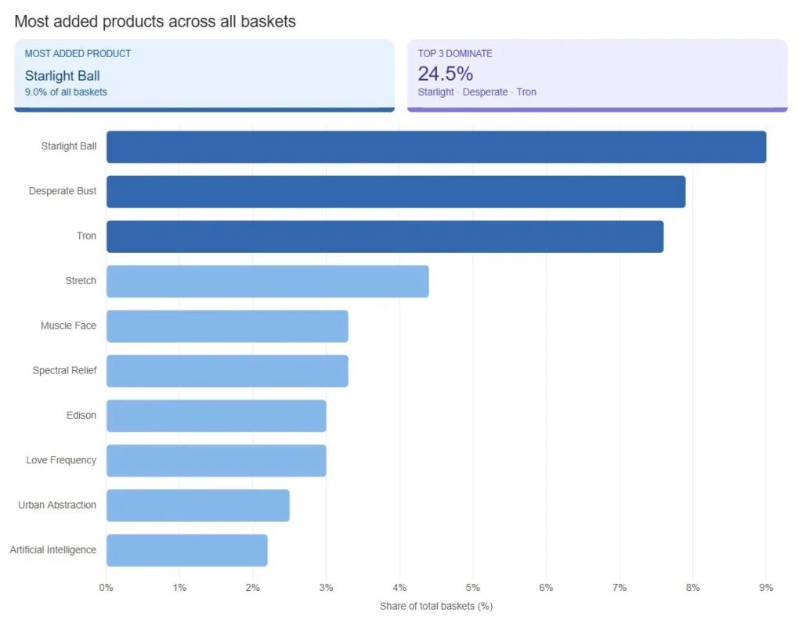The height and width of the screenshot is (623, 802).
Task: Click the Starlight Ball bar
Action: [435, 147]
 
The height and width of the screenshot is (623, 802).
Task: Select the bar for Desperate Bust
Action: [396, 192]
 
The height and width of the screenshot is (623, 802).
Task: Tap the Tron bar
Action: [385, 236]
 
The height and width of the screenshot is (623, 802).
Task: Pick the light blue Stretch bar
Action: [267, 281]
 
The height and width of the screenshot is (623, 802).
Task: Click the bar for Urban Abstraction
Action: [197, 506]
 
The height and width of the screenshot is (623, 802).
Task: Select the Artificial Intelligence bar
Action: [186, 550]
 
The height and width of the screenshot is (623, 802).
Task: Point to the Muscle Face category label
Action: [68, 326]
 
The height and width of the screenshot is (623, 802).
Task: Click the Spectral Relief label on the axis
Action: [64, 370]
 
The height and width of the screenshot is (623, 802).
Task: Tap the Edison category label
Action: [81, 416]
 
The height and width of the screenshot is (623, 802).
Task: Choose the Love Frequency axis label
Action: [61, 460]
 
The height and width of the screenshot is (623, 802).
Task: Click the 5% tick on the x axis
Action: [472, 587]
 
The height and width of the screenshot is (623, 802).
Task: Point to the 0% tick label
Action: [107, 587]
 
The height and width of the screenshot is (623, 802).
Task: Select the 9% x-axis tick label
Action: [766, 587]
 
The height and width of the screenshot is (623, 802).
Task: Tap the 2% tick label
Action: [253, 587]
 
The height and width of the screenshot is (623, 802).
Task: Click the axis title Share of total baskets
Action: [435, 607]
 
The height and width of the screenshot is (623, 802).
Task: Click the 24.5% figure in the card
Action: [445, 74]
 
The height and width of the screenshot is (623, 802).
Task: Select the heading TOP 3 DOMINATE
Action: [455, 54]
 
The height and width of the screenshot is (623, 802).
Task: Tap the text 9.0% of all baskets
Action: [66, 92]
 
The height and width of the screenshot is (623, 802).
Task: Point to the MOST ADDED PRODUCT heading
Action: [78, 54]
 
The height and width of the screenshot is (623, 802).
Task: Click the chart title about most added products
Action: [155, 21]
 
